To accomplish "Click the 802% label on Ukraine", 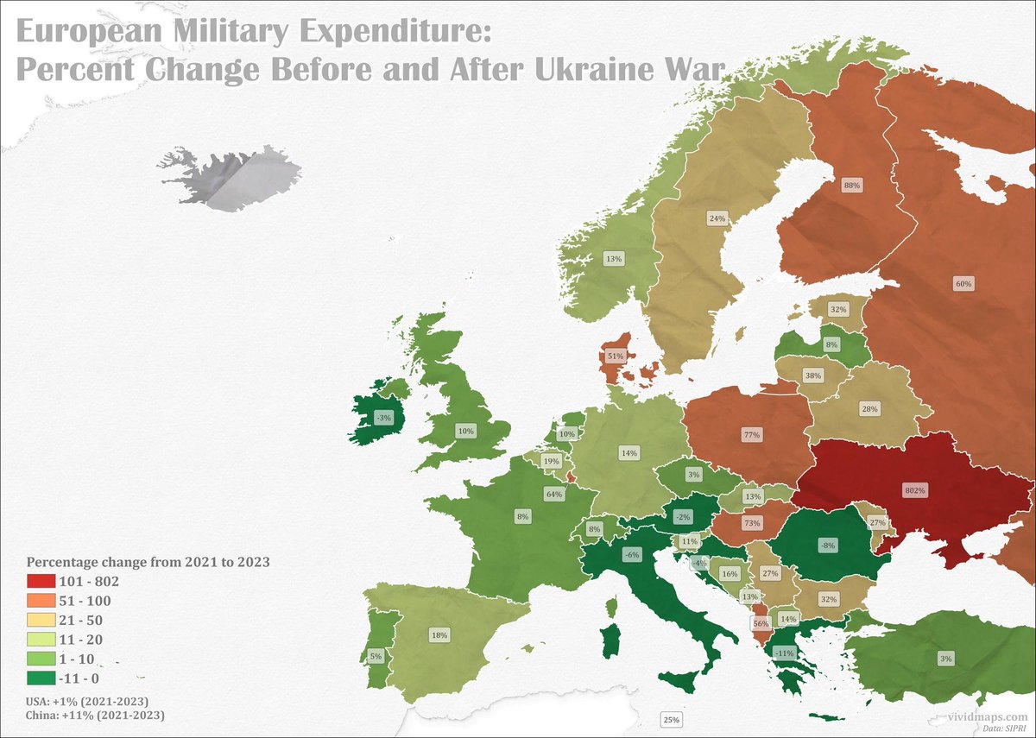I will (915, 490).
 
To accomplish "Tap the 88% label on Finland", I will (852, 185).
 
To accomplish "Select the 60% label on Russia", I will (963, 283).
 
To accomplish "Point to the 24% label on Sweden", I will (717, 218).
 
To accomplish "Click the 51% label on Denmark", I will (616, 356).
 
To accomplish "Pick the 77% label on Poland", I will (751, 435).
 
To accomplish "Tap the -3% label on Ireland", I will (383, 418).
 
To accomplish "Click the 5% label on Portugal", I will (376, 656).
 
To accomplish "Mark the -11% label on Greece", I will (785, 653).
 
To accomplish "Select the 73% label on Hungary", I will (751, 524).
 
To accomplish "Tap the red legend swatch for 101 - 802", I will (41, 582).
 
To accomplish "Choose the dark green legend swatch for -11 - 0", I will (41, 678).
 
